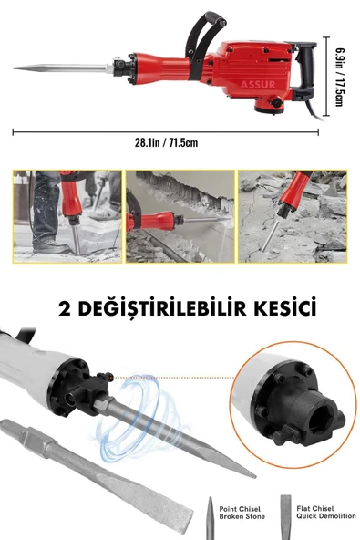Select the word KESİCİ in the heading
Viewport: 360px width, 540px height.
click(x=283, y=307)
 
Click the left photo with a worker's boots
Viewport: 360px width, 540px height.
click(x=67, y=215)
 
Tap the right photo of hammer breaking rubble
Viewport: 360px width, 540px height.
click(x=293, y=215)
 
